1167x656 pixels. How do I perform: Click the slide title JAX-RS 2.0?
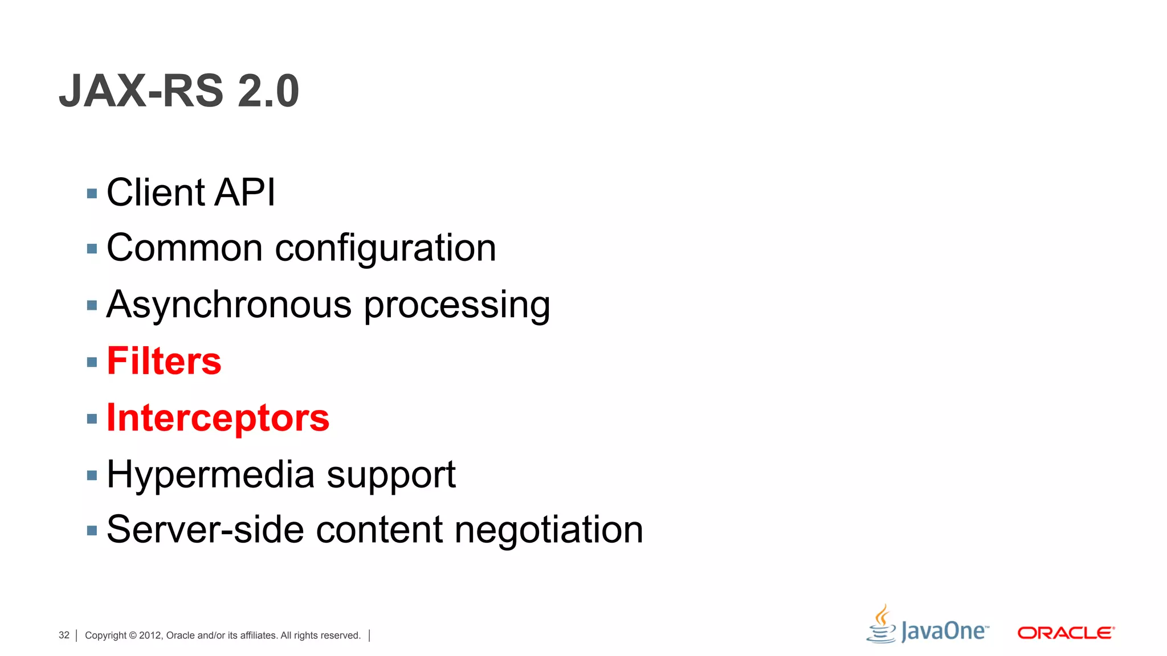point(179,91)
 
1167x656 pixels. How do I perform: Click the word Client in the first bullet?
point(156,192)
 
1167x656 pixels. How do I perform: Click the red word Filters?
point(164,361)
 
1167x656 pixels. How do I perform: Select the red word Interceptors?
point(218,418)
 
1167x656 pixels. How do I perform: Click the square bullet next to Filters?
point(92,362)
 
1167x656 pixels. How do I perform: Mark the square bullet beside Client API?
point(92,194)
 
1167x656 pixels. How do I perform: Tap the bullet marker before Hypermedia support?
point(92,475)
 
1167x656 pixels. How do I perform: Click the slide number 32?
point(64,635)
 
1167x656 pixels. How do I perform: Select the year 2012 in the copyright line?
point(150,635)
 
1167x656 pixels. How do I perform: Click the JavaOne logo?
point(928,626)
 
